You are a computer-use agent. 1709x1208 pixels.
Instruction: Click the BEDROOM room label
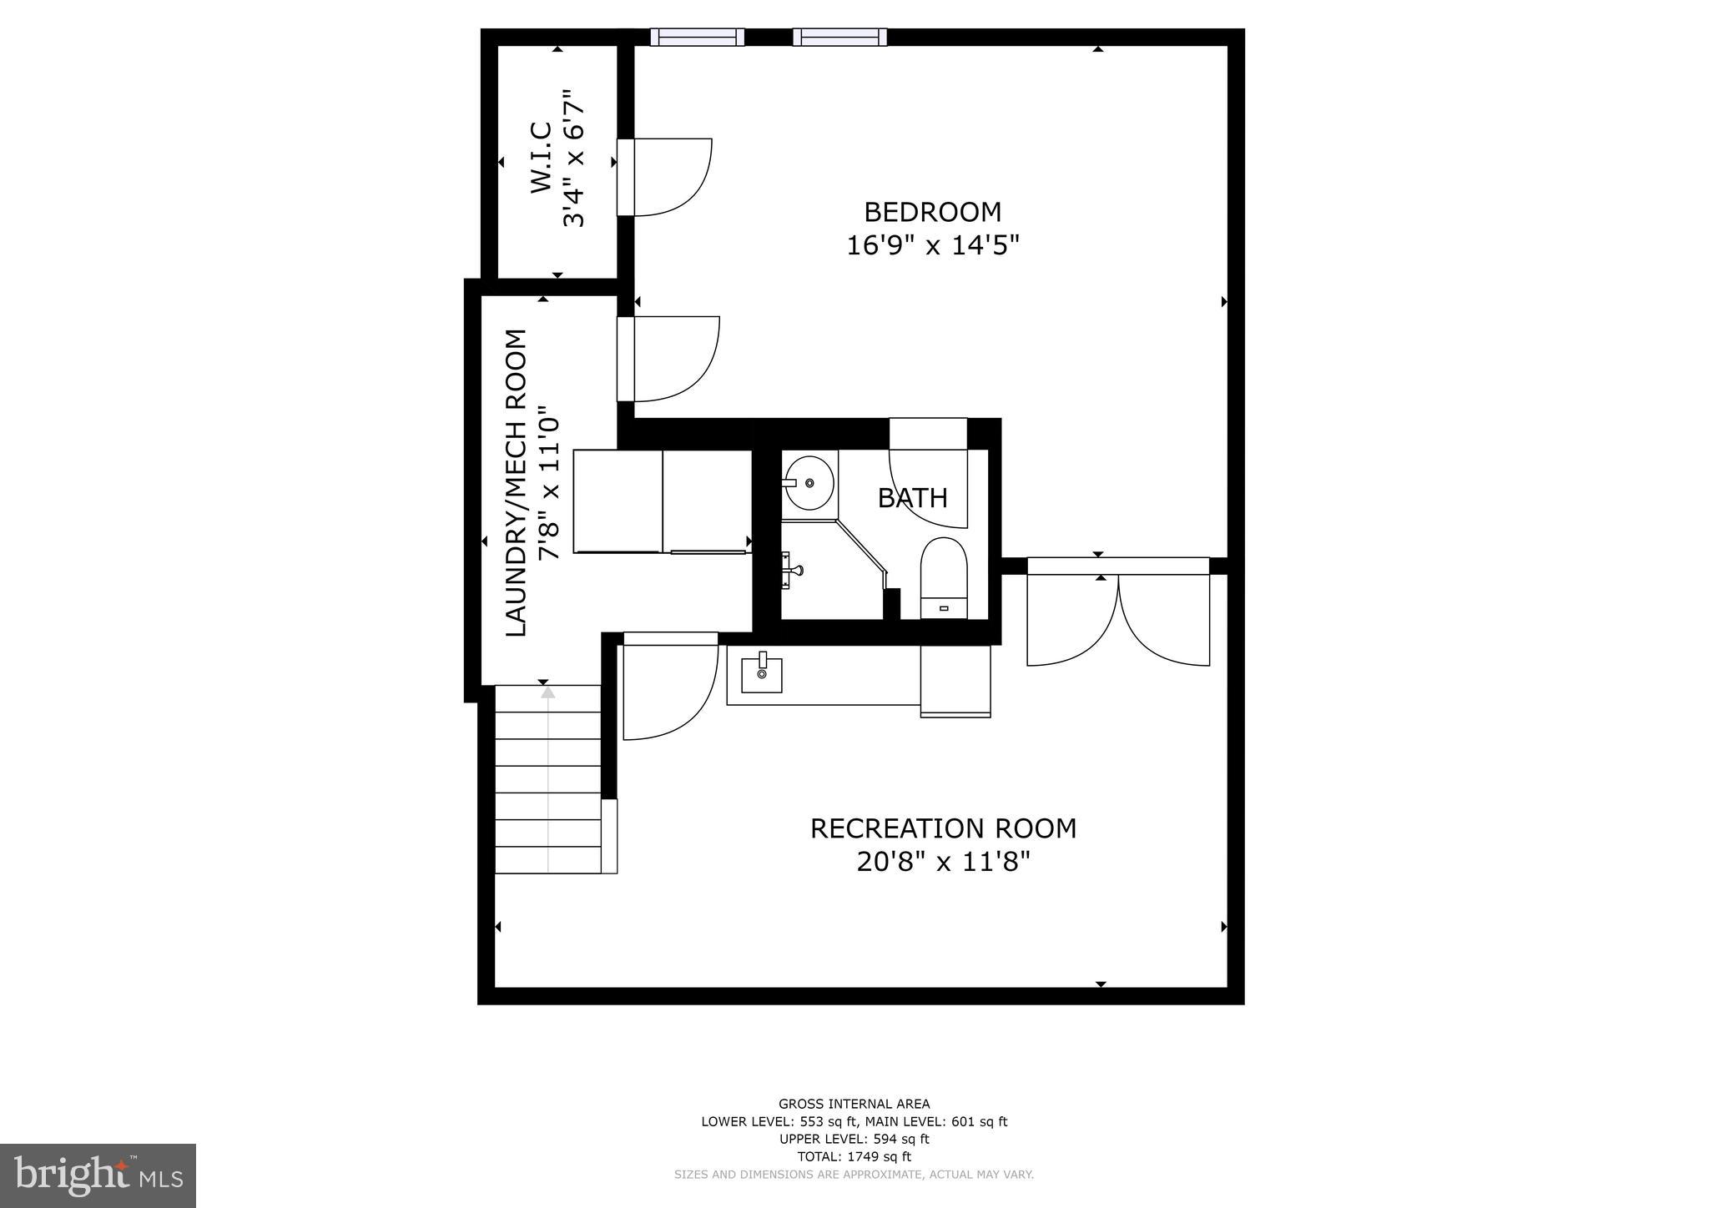pyautogui.click(x=932, y=213)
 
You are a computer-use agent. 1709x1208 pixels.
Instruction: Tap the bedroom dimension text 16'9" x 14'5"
pyautogui.click(x=932, y=246)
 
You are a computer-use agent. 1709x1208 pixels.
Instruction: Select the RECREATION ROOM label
pyautogui.click(x=943, y=828)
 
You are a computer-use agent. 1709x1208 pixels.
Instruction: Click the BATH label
pyautogui.click(x=912, y=498)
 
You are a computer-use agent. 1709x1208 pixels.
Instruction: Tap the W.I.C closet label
pyautogui.click(x=542, y=159)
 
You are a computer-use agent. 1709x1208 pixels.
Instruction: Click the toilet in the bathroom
pyautogui.click(x=943, y=576)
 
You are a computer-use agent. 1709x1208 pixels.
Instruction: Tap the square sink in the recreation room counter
pyautogui.click(x=762, y=675)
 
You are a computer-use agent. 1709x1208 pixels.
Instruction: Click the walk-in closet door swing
pyautogui.click(x=668, y=177)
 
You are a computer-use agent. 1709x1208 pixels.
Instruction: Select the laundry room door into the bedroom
pyautogui.click(x=672, y=359)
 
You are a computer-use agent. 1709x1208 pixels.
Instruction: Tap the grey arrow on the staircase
pyautogui.click(x=547, y=692)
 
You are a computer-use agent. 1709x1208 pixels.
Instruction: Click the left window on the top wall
pyautogui.click(x=697, y=37)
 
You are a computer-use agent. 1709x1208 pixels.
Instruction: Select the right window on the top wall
pyautogui.click(x=839, y=37)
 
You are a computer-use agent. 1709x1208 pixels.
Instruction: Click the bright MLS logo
pyautogui.click(x=98, y=1176)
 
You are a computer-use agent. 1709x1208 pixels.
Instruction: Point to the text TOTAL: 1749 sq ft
pyautogui.click(x=854, y=1156)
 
